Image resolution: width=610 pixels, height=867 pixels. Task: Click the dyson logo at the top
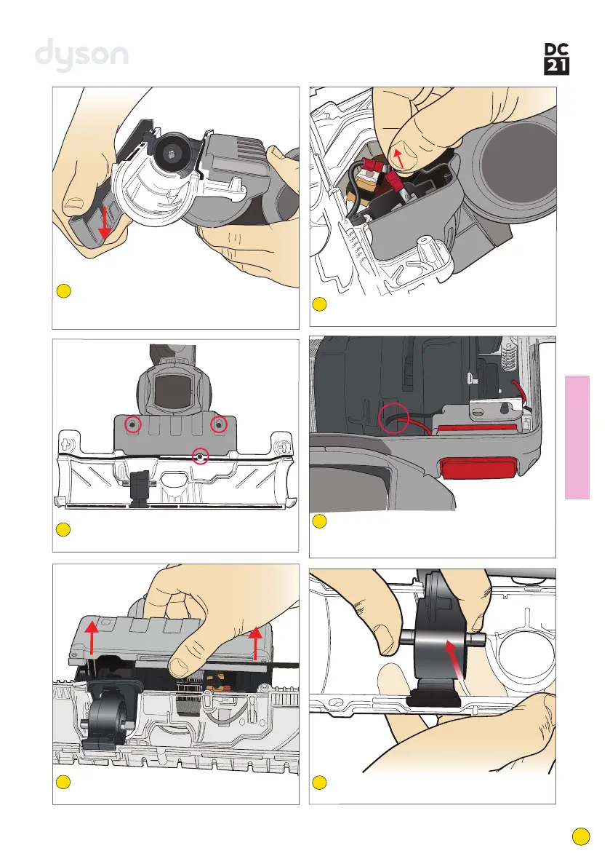pos(82,55)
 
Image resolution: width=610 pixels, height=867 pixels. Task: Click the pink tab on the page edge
pos(587,437)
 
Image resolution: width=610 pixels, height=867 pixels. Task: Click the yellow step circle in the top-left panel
pos(63,291)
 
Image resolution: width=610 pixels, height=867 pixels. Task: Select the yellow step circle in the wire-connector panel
pos(319,304)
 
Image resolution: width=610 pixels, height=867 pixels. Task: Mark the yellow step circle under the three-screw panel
pos(63,529)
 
